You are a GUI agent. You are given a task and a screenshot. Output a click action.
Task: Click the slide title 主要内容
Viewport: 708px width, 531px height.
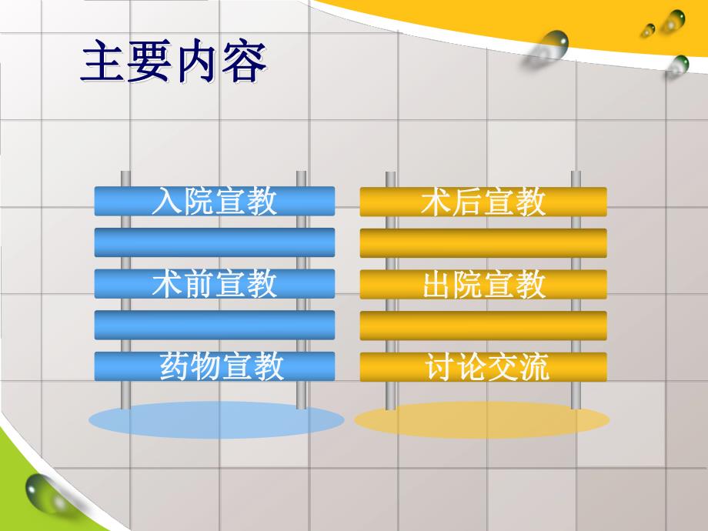(173, 63)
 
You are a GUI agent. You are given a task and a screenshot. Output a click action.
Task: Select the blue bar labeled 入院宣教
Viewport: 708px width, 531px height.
(214, 202)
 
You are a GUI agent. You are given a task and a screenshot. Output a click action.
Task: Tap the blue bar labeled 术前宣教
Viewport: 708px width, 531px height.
(214, 285)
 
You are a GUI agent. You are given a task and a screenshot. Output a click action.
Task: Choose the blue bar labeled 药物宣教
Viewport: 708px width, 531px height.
(214, 367)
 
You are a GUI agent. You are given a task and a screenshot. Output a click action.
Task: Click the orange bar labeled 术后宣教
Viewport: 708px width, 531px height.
(483, 202)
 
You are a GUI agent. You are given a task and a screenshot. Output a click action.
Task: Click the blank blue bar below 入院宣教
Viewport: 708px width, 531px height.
(214, 242)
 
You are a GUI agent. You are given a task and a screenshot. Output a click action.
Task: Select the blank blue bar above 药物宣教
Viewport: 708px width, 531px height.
(214, 325)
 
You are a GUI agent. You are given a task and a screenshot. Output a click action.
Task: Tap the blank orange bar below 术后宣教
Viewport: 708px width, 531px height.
(483, 243)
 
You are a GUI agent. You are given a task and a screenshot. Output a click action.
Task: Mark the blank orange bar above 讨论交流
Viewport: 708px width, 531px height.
(483, 326)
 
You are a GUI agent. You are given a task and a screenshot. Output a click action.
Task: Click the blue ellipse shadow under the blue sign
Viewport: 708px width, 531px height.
(216, 420)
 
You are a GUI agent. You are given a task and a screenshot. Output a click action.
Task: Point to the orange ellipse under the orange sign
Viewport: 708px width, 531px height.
(482, 420)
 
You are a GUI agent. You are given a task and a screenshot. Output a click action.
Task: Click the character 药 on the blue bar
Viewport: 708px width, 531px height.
(175, 367)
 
